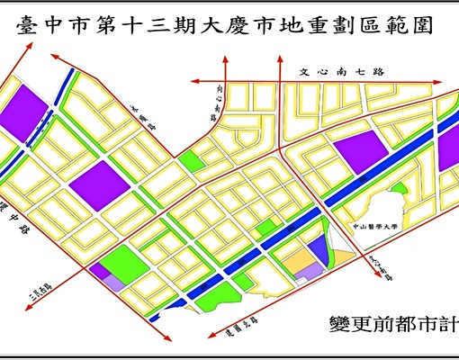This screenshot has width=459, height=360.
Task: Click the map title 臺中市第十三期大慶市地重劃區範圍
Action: point(224,27)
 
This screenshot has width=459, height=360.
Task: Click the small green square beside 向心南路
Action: point(189,162)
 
